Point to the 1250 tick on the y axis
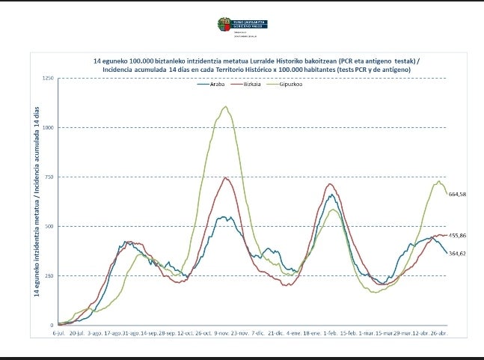point(47,79)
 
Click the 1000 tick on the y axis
point(47,128)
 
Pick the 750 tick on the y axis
point(49,177)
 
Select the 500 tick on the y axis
point(49,226)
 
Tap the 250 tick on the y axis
point(49,275)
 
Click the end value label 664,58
point(457,195)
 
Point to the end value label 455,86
point(457,236)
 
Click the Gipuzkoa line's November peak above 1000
point(225,106)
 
